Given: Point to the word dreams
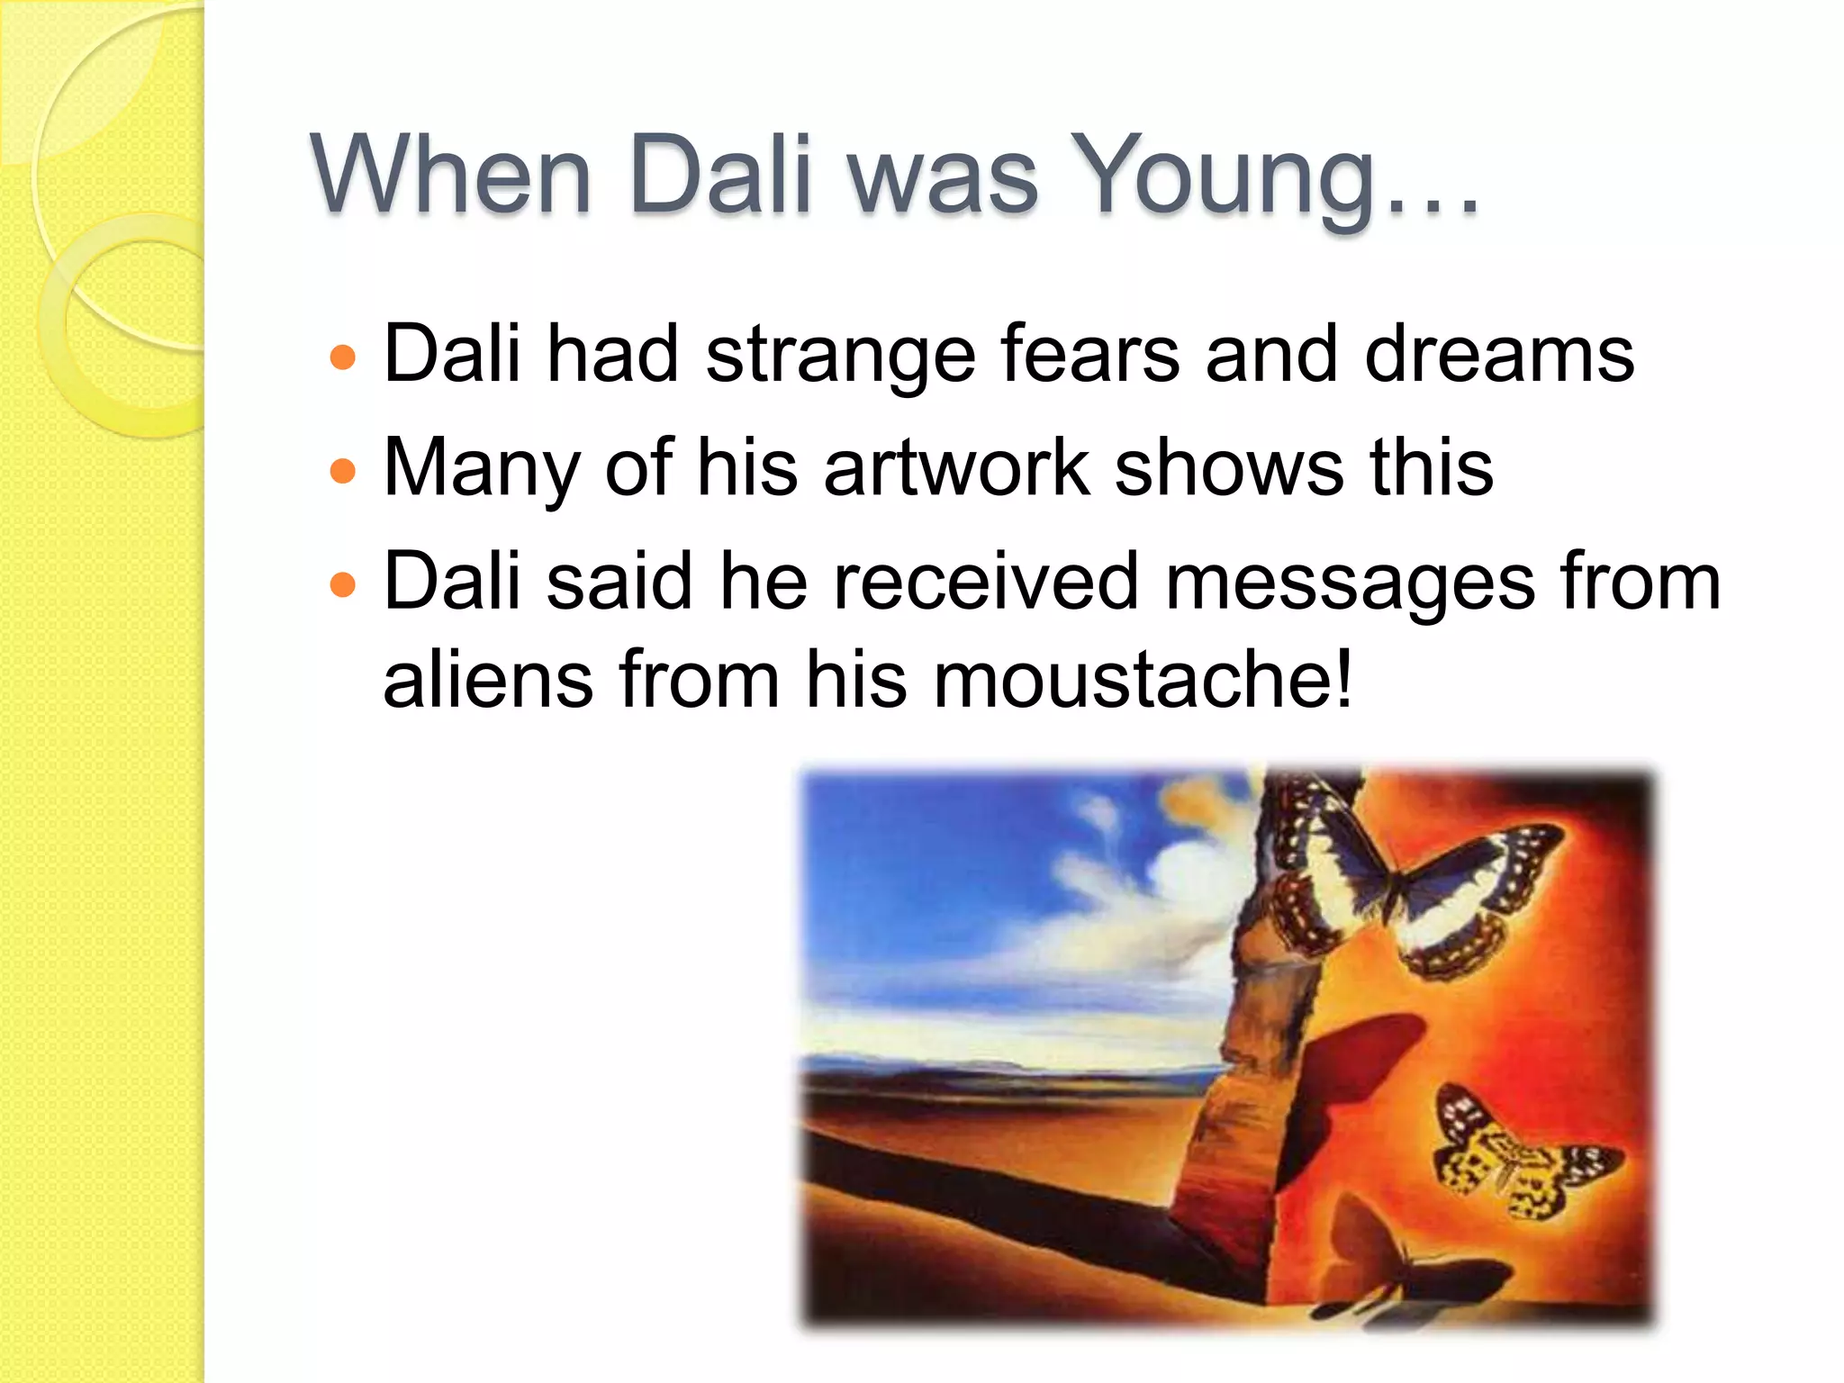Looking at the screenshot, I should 1499,355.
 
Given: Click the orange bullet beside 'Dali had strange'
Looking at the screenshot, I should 343,358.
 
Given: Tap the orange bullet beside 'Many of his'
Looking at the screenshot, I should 343,471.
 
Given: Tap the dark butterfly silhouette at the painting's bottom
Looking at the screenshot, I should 1405,1261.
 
